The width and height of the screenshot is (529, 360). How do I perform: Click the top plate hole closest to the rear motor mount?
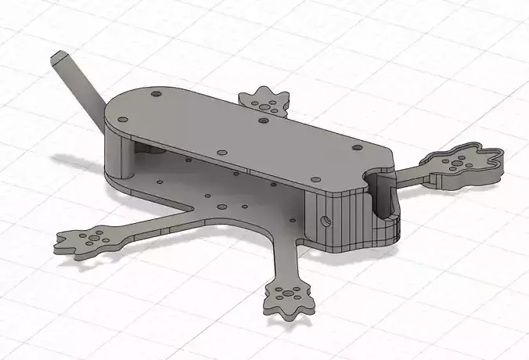point(263,121)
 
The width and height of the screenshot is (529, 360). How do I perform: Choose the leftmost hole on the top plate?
point(122,120)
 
